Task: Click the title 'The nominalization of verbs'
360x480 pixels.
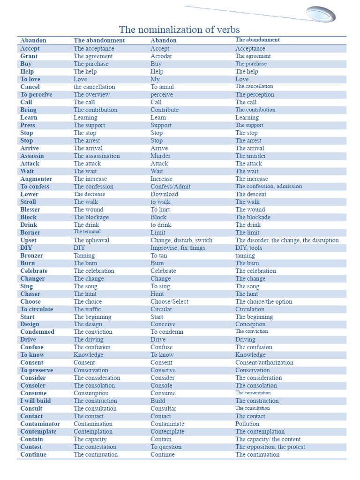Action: (x=180, y=30)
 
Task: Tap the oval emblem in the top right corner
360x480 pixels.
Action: (x=321, y=14)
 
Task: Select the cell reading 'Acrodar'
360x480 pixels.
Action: (x=161, y=56)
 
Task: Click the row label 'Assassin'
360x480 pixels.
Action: (x=32, y=156)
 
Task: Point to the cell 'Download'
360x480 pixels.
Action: (x=164, y=194)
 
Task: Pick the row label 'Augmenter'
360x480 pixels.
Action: (x=36, y=179)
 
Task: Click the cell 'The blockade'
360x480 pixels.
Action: (x=253, y=217)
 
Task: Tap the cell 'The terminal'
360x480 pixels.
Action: (x=87, y=232)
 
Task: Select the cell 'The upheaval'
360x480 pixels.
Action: (x=91, y=240)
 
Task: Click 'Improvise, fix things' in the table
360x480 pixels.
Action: (x=178, y=248)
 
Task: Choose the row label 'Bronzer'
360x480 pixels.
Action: (x=31, y=255)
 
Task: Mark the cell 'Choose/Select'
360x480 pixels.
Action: (x=169, y=301)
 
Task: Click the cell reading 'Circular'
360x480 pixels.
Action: (x=161, y=309)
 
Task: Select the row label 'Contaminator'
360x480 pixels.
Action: (x=40, y=424)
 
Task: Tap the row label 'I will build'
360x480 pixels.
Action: (x=36, y=401)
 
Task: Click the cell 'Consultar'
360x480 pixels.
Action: (x=163, y=408)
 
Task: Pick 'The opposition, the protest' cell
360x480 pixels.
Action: (x=270, y=447)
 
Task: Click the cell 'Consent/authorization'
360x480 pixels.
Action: (x=264, y=362)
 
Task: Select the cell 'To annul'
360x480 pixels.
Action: (x=162, y=87)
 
